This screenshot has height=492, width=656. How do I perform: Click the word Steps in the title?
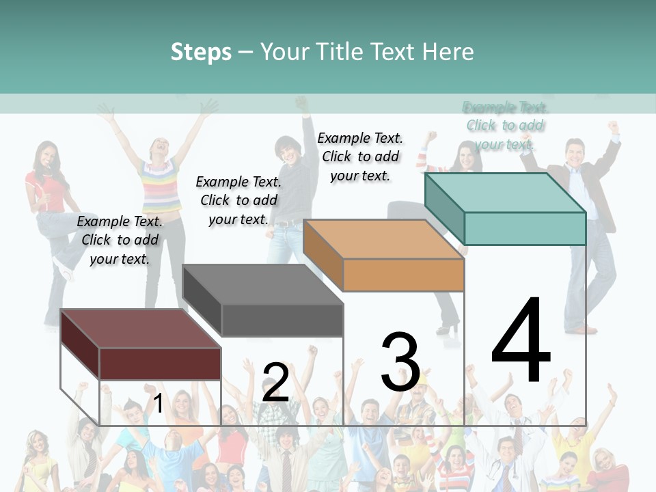coord(201,52)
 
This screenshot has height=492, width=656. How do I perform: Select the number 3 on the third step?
coord(400,361)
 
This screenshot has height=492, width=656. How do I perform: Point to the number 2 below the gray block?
coord(275,382)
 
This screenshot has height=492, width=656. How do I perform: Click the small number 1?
coord(159,403)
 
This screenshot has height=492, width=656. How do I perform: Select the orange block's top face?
coord(383,239)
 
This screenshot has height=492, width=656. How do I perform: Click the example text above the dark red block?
coord(120,240)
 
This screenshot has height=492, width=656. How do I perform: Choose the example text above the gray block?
coord(238,200)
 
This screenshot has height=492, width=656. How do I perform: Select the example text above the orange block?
coord(360,156)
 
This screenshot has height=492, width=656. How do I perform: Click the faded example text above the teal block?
coord(505,125)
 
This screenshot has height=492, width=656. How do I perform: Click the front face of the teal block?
coord(525,228)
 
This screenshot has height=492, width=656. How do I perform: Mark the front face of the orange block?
coord(403,275)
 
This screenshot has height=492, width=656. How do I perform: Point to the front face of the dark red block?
coord(160,364)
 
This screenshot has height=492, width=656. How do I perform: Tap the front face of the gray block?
coord(282,320)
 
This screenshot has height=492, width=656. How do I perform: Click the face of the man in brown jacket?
coord(576,152)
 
